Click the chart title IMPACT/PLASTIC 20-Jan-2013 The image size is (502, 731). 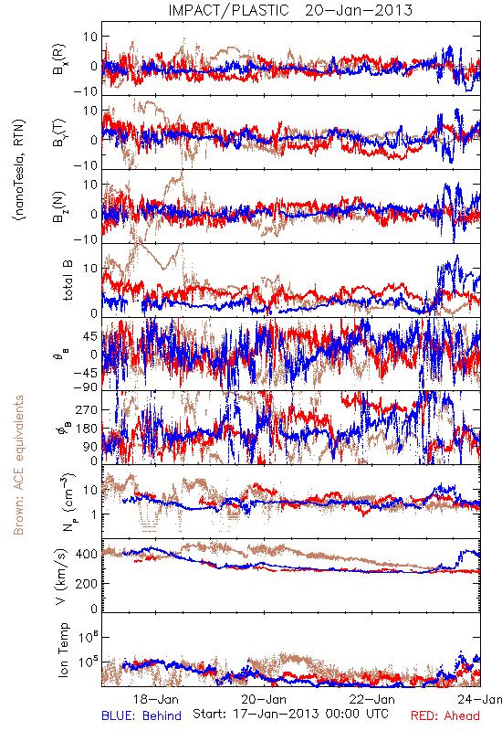pos(290,10)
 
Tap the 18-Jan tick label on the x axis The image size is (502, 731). pos(156,699)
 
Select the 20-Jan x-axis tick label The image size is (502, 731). pos(264,699)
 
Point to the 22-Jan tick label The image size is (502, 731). pos(372,699)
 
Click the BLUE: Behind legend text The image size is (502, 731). pos(141,715)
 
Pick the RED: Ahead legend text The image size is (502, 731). pos(445,715)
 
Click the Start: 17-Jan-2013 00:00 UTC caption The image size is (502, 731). pos(290,714)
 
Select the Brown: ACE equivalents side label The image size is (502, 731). pos(18,465)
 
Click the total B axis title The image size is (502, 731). pos(68,281)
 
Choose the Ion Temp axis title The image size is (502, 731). pos(63,650)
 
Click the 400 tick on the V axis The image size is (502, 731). pos(87,555)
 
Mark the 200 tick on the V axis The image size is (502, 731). pos(87,583)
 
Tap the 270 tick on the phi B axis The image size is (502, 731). pos(87,409)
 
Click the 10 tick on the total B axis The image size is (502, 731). pos(90,268)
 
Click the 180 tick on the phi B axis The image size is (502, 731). pos(87,429)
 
